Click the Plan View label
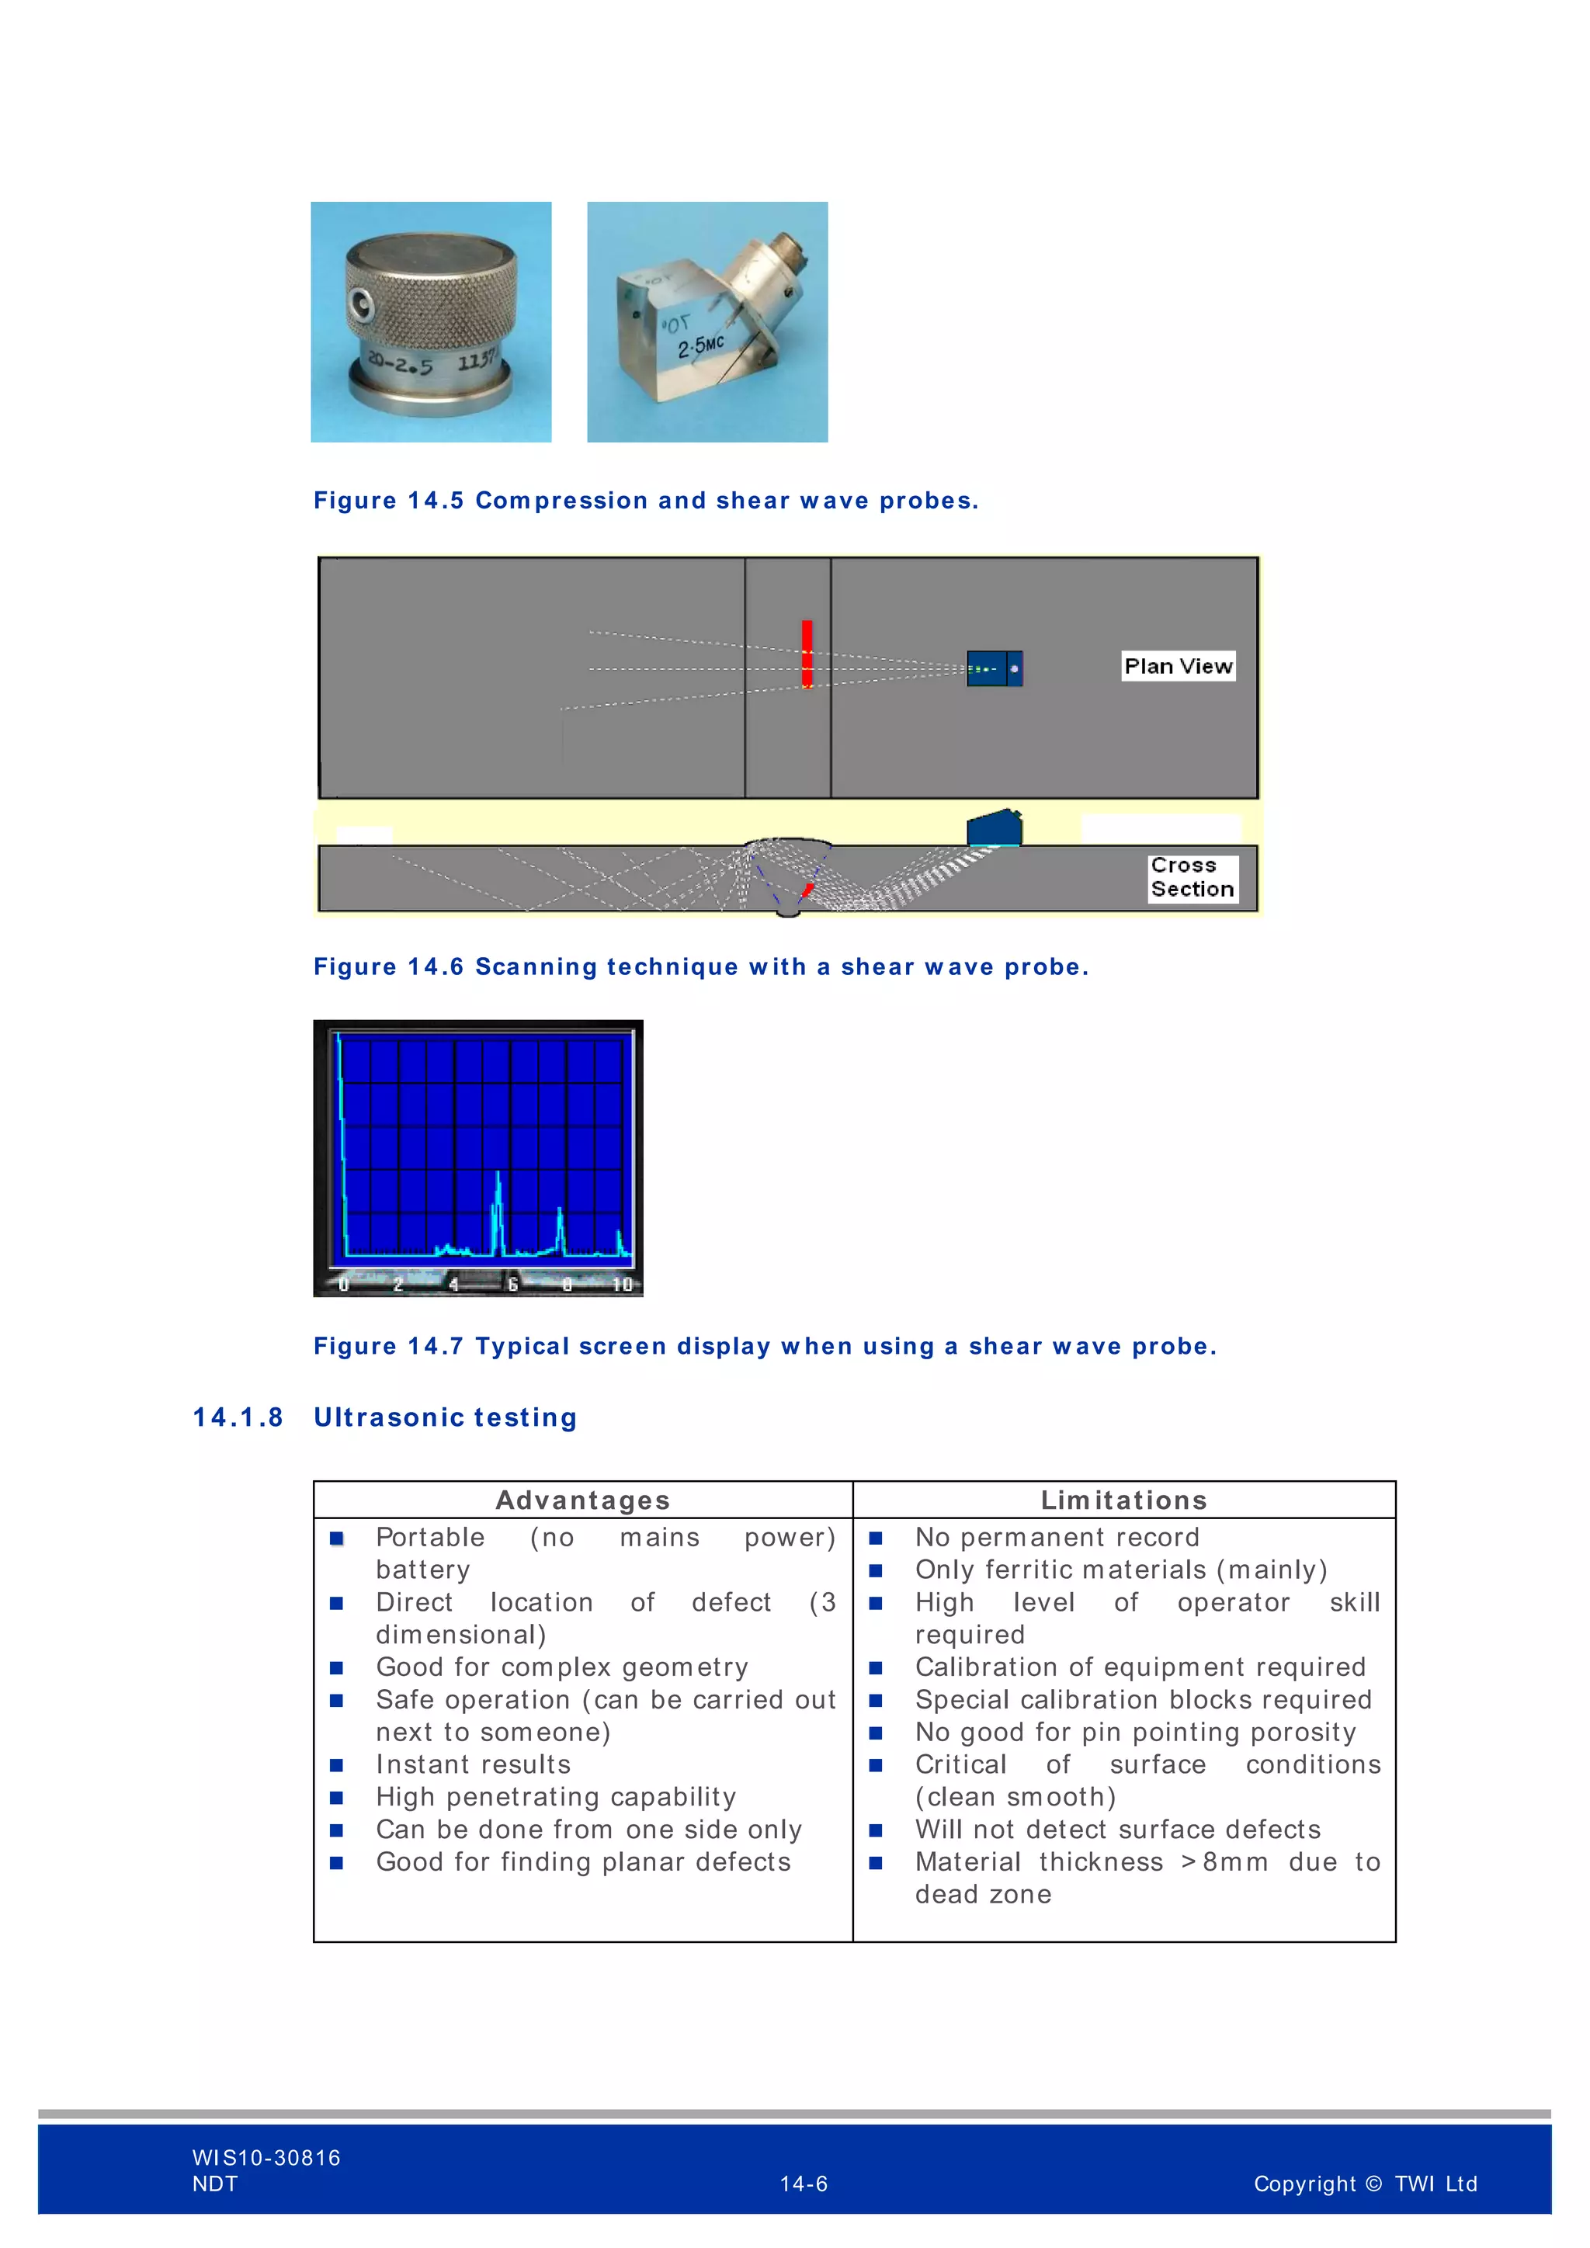coord(1177,666)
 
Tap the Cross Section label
coord(1192,877)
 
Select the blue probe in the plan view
coord(994,668)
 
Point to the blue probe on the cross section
coord(994,828)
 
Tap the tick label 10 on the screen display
coord(622,1285)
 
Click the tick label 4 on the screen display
coord(453,1285)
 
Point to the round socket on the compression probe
coord(360,307)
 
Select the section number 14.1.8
coord(238,1417)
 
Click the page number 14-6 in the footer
coord(803,2184)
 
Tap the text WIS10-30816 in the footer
coord(266,2157)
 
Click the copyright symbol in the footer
coord(1373,2184)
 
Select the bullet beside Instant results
coord(337,1765)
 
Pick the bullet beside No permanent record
coord(875,1539)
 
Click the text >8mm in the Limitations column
coord(1224,1862)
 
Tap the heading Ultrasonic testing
coord(446,1417)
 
